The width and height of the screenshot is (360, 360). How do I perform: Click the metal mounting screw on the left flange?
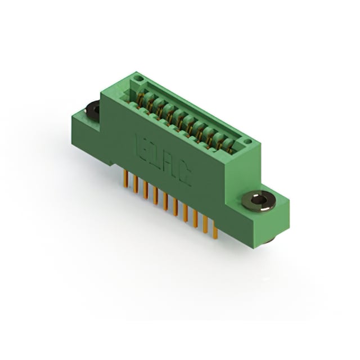point(92,110)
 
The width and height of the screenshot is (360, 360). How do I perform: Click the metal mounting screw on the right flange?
point(259,200)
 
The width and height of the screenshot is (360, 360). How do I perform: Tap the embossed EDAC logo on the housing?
point(163,160)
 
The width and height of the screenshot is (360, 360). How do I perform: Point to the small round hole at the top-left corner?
point(138,79)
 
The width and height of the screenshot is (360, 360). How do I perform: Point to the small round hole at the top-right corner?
point(246,141)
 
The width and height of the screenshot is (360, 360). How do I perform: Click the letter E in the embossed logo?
point(142,146)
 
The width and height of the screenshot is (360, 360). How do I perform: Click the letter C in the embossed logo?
point(184,175)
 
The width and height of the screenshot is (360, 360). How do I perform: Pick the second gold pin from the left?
point(135,185)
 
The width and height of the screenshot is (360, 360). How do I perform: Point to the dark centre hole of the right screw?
point(259,199)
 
